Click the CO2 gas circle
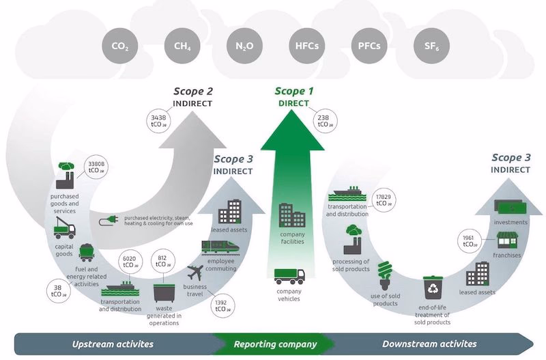pyautogui.click(x=120, y=47)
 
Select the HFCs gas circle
pyautogui.click(x=306, y=47)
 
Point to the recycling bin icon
pyautogui.click(x=433, y=288)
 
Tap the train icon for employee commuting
pyautogui.click(x=220, y=247)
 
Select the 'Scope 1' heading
pyautogui.click(x=295, y=91)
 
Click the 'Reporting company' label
pyautogui.click(x=275, y=344)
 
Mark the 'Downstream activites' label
pyautogui.click(x=429, y=344)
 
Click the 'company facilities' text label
pyautogui.click(x=293, y=237)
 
